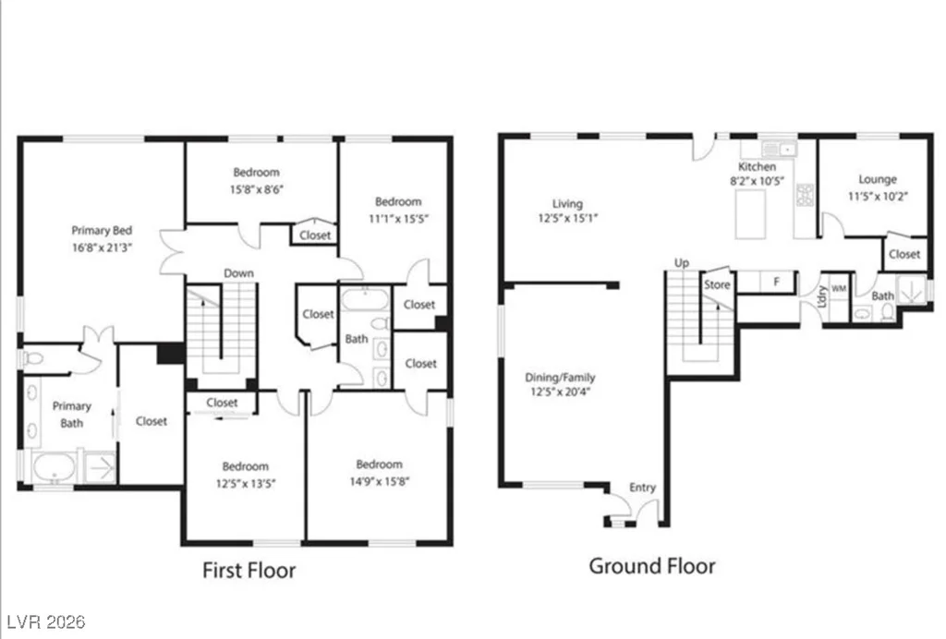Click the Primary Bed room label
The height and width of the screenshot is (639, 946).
[102, 230]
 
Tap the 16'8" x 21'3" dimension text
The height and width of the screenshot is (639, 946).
[102, 247]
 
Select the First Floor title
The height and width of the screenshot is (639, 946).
[249, 571]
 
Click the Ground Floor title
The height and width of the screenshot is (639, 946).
[652, 566]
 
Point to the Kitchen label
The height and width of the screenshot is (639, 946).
[758, 166]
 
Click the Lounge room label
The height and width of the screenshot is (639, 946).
[878, 179]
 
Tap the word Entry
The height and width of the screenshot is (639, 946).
[642, 487]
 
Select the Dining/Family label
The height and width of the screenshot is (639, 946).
[560, 378]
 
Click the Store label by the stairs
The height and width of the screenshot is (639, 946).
[717, 284]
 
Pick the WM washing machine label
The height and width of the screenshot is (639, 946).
[839, 289]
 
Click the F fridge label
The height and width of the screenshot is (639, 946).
[776, 282]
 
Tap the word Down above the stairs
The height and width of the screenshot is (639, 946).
[239, 273]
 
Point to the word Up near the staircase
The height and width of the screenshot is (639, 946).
[682, 263]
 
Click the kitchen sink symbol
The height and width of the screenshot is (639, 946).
[780, 149]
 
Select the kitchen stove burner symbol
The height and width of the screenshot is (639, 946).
[806, 195]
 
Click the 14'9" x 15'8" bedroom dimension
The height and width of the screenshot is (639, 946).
[380, 481]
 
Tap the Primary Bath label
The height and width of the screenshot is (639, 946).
[72, 415]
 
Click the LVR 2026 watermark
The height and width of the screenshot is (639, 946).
[46, 621]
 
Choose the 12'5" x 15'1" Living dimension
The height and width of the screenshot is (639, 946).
[568, 218]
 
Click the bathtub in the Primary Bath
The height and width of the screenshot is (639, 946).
[55, 468]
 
